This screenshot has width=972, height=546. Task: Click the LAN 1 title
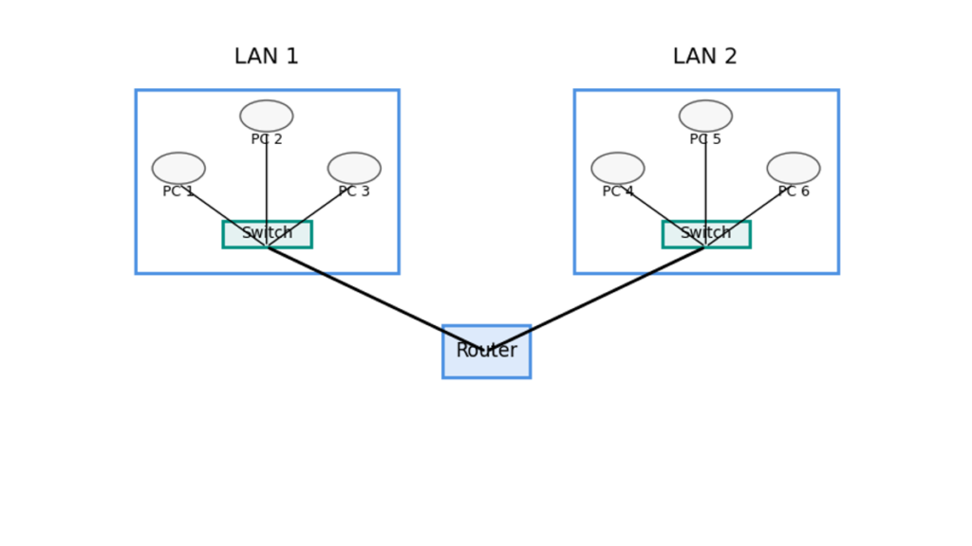[x=266, y=57]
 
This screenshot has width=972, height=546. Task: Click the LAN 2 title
[x=704, y=57]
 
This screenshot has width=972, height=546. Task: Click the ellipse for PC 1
[x=178, y=168]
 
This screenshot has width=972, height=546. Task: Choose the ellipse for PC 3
[x=354, y=168]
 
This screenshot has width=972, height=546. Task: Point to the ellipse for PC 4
[x=618, y=168]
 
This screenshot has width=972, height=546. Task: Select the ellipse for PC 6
[x=794, y=168]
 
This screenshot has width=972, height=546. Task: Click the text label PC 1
[x=178, y=191]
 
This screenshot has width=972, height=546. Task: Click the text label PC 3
[x=354, y=191]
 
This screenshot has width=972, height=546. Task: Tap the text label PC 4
[x=618, y=191]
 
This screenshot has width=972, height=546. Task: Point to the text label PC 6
[x=794, y=191]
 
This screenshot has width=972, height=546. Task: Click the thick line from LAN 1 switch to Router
[x=370, y=297]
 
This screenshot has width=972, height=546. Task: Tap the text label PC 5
[x=705, y=139]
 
